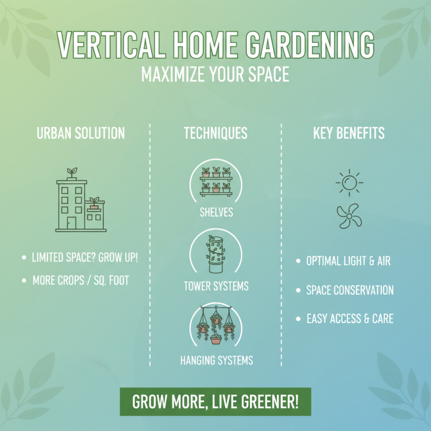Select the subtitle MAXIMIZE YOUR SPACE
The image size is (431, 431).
pyautogui.click(x=215, y=74)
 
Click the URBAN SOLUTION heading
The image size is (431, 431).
pyautogui.click(x=81, y=133)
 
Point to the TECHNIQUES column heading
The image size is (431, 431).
pyautogui.click(x=215, y=133)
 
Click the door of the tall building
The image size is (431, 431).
pyautogui.click(x=71, y=223)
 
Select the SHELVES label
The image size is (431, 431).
pyautogui.click(x=215, y=212)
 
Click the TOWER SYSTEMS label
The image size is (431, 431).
pyautogui.click(x=215, y=286)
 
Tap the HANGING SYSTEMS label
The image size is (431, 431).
pyautogui.click(x=216, y=359)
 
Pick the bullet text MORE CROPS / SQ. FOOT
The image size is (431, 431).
pyautogui.click(x=81, y=281)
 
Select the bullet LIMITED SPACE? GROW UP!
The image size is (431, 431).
pyautogui.click(x=85, y=257)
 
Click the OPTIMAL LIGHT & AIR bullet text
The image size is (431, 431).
pyautogui.click(x=348, y=261)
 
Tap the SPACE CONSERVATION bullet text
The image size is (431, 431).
pyautogui.click(x=350, y=290)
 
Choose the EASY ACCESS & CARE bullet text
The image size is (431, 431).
pyautogui.click(x=350, y=318)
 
